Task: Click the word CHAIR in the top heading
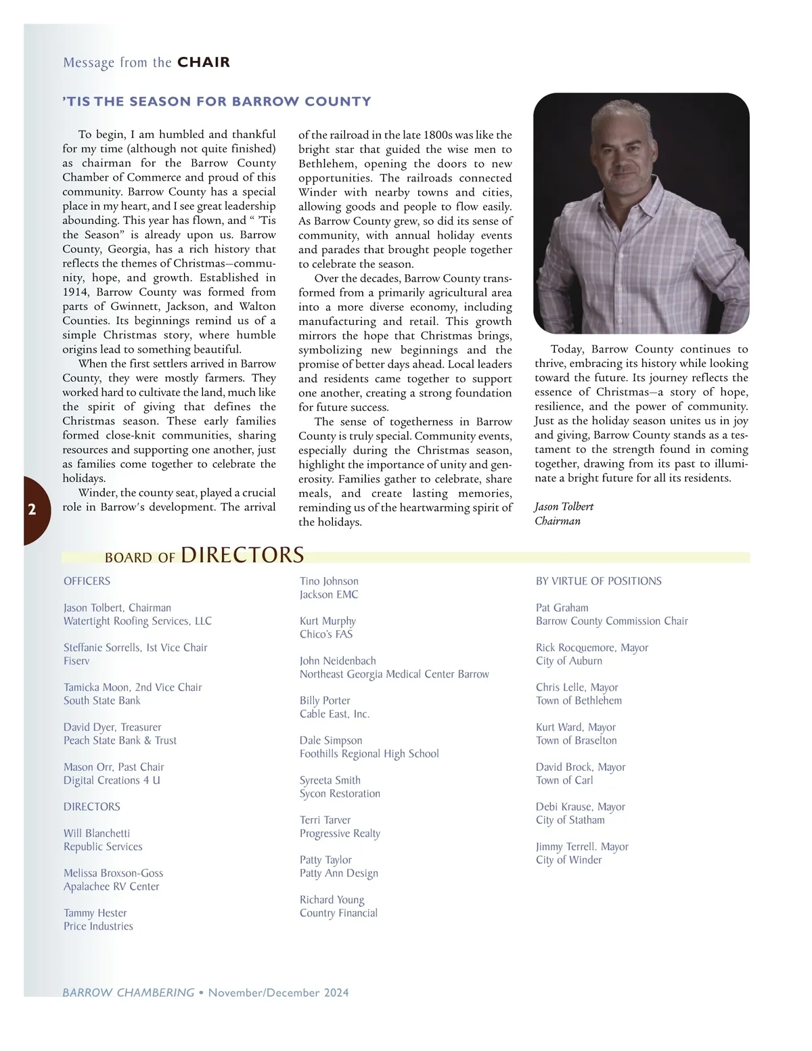point(204,62)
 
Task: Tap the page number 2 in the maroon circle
point(32,510)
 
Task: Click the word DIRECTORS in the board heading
point(242,555)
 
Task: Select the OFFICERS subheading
point(87,581)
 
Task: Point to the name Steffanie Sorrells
point(102,648)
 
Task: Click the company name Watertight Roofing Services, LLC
point(137,621)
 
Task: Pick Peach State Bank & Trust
point(120,740)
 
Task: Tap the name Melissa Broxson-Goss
point(113,874)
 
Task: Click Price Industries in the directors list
point(98,926)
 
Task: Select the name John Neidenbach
point(338,661)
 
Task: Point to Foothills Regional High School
point(369,754)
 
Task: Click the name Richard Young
point(332,900)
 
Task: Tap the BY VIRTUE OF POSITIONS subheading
point(598,581)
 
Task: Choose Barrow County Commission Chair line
point(612,621)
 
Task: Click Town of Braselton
point(576,740)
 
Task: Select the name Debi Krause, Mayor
point(580,807)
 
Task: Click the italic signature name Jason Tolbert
point(564,507)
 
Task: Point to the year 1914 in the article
point(75,292)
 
